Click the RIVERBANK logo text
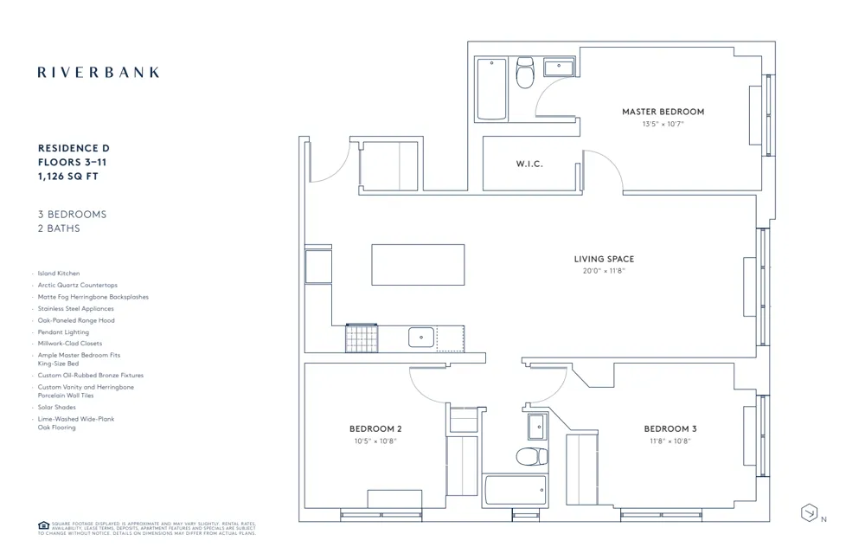[99, 73]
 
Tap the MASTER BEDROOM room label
[663, 112]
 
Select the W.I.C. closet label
[529, 164]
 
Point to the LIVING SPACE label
[604, 259]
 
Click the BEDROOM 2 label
[375, 429]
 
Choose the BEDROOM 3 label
[670, 429]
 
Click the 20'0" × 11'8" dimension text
[604, 271]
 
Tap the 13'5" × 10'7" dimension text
[663, 124]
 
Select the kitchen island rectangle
[418, 264]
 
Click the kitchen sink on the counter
[421, 337]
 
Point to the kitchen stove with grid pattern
[362, 338]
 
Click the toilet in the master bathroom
[525, 75]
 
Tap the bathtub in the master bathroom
[492, 89]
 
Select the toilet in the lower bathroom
[531, 456]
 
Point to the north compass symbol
[809, 512]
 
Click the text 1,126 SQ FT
[73, 176]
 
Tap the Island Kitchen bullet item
[58, 274]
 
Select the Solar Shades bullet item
[56, 407]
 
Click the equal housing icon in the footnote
[43, 525]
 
